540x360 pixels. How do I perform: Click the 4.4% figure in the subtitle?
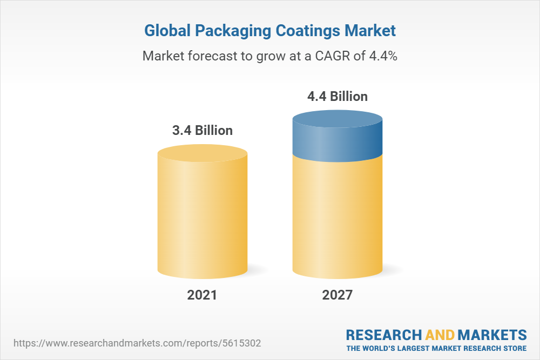[383, 56]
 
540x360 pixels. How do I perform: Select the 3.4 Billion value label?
[202, 130]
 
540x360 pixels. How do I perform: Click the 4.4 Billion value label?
[337, 97]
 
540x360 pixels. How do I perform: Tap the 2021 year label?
[202, 295]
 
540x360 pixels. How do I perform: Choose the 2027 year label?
[337, 295]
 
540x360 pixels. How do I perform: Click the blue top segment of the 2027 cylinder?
[337, 138]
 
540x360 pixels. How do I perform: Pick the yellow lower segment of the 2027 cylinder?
[337, 216]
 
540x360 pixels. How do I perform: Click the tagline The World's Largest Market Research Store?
[436, 348]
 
